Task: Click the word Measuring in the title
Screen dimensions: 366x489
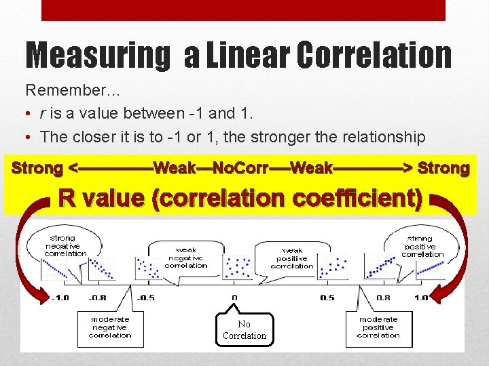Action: (98, 56)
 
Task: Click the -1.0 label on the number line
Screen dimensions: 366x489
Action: (60, 298)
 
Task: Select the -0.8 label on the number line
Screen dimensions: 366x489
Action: (98, 298)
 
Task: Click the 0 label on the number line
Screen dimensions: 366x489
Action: (234, 298)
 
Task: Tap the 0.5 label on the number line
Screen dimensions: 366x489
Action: (327, 298)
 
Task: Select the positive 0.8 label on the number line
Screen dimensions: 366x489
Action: (383, 298)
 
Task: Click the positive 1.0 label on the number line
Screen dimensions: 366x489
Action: (421, 298)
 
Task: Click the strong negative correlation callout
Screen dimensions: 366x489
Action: (65, 245)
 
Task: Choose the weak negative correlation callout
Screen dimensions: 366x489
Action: (186, 258)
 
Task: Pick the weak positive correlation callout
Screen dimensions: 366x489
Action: (292, 258)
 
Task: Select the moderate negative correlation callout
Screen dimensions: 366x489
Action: (109, 327)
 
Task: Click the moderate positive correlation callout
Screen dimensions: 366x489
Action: (378, 327)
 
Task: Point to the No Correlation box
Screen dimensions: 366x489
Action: (244, 330)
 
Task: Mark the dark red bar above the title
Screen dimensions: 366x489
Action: (243, 10)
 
